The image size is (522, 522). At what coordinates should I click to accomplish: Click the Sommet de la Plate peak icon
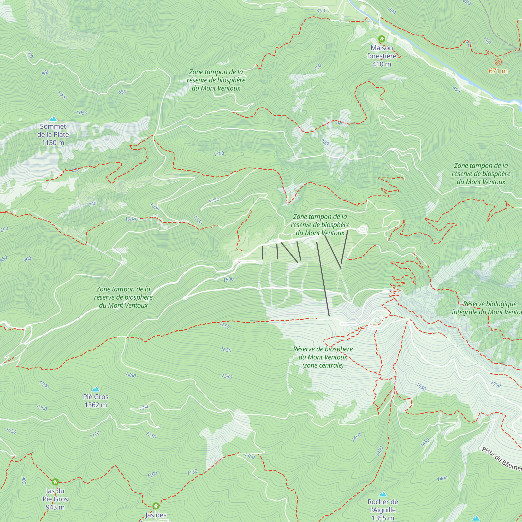coord(53,119)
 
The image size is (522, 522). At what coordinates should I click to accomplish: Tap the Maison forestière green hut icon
coord(382,39)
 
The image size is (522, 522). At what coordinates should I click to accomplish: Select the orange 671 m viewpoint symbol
coord(498,62)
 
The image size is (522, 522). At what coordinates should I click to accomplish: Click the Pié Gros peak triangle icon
coord(96,389)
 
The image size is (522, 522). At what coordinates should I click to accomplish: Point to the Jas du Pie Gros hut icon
coord(55,482)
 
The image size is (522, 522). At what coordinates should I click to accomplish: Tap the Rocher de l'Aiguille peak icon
coord(383,494)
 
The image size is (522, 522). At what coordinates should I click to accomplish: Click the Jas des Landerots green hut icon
coord(156,506)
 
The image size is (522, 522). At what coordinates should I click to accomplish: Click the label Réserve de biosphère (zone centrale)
coord(323,357)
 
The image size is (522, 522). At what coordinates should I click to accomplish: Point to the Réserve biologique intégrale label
coord(486,308)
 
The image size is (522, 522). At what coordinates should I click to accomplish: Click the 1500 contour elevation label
coord(228,279)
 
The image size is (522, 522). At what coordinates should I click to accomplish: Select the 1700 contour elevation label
coord(496,384)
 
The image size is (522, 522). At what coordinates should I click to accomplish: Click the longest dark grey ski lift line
coord(323,279)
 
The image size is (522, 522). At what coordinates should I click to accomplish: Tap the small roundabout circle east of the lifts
coord(363,229)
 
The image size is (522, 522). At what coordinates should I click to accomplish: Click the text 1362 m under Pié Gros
coord(96,405)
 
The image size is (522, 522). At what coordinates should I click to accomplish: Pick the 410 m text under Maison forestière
coord(382,64)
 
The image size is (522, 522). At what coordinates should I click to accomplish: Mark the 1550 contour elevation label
coord(227,377)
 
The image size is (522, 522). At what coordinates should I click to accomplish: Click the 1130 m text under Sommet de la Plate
coord(53,143)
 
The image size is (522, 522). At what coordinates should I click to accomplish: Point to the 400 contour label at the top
coord(321,11)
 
